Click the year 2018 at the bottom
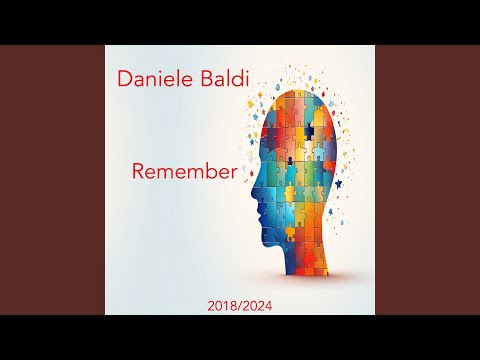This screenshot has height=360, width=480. point(221,301)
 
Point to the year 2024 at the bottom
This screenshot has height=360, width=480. point(256,301)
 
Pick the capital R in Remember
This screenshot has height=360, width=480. point(139,170)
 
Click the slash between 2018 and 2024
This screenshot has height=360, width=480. point(239,301)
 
